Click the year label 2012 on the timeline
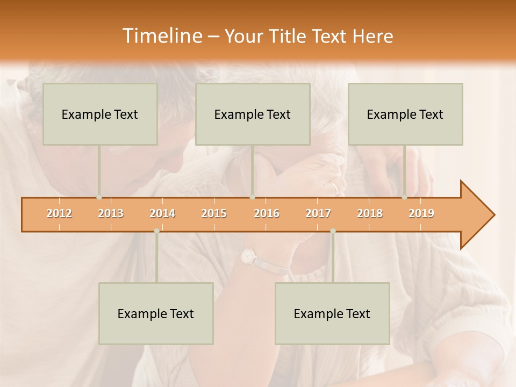tap(59, 213)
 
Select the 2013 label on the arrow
tap(111, 213)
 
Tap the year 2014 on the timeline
tap(162, 213)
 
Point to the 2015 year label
tap(214, 213)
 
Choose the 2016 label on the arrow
tap(267, 213)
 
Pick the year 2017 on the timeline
tap(318, 213)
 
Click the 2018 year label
tap(370, 213)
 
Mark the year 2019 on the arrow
tap(421, 213)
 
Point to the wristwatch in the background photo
tap(249, 256)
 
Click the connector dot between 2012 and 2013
tap(99, 197)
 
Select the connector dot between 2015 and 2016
tap(252, 197)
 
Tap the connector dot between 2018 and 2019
tap(404, 197)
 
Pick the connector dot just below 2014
tap(156, 231)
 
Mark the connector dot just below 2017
tap(333, 231)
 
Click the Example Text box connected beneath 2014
tap(156, 313)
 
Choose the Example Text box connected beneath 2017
tap(332, 313)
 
